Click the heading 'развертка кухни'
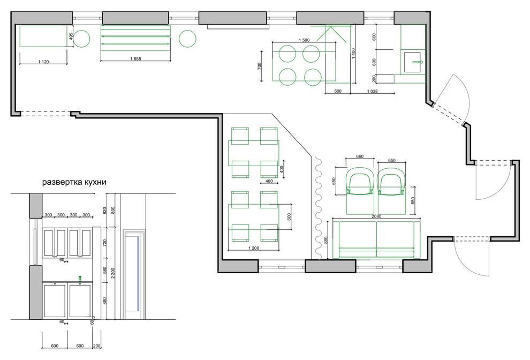coord(74,182)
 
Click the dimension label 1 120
coord(43,62)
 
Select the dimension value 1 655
coord(135,59)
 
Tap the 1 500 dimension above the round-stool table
coord(304,40)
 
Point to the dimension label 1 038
coord(372,91)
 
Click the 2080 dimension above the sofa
coord(376,216)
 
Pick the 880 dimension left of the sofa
coord(326,240)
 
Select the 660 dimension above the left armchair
coord(360,156)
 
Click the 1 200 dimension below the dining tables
coord(254,248)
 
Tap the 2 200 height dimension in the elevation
coord(113,273)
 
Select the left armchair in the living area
coord(360,191)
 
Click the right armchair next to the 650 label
coord(391,191)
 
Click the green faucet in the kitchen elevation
coord(80,279)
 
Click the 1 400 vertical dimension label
coord(353,53)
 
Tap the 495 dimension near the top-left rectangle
coord(71,36)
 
